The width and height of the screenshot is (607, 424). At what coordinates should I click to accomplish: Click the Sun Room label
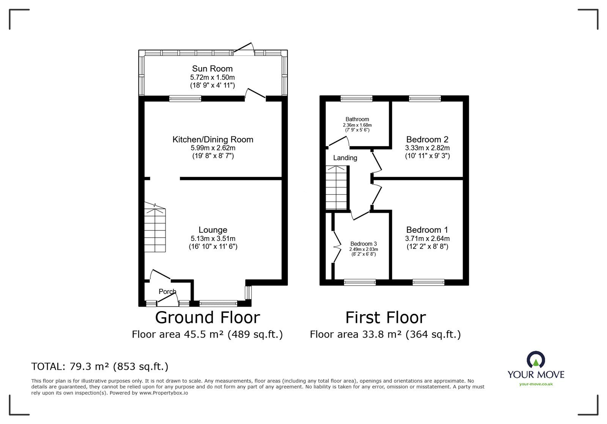point(212,69)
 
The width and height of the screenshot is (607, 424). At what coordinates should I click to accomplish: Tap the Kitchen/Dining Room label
point(213,139)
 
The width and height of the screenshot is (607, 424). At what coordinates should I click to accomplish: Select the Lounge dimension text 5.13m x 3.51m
point(213,239)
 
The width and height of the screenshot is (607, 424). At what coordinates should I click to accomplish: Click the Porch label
point(167,291)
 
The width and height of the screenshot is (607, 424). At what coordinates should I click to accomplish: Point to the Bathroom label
point(357,119)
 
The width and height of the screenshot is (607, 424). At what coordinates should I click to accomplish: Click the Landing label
point(345,158)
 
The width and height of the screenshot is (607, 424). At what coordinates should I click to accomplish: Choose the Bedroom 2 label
point(427,139)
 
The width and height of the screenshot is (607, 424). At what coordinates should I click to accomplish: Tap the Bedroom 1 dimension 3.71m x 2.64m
point(427,239)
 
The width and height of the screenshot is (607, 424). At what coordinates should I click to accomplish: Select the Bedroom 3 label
point(364,244)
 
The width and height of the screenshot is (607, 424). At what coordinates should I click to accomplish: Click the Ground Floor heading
point(208,318)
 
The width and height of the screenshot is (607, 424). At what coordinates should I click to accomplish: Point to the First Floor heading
point(385,318)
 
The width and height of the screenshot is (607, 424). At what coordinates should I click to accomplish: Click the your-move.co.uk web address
point(536,384)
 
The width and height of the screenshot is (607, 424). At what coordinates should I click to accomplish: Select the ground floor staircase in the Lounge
point(155,228)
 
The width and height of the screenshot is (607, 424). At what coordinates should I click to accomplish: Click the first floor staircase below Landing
point(336,188)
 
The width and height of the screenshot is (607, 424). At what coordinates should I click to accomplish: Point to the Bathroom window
point(356,99)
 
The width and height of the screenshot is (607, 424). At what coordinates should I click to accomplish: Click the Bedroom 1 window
point(428,283)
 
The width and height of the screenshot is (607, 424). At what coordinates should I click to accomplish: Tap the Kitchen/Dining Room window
point(186,99)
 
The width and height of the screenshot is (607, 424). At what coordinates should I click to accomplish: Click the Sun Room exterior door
point(244,48)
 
